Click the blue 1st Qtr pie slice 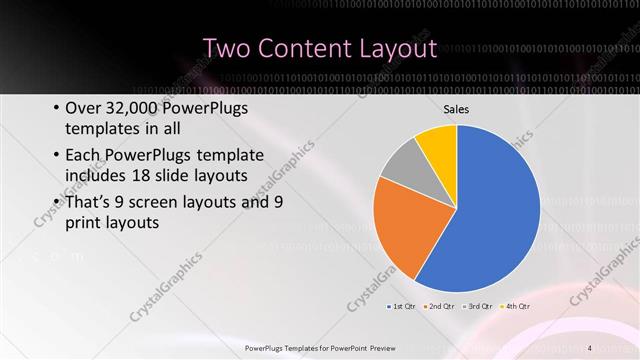click(x=490, y=210)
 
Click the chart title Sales click(x=456, y=109)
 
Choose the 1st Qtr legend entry click(x=402, y=305)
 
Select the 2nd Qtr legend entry click(x=444, y=305)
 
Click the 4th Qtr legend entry click(x=516, y=305)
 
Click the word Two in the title click(x=229, y=48)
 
